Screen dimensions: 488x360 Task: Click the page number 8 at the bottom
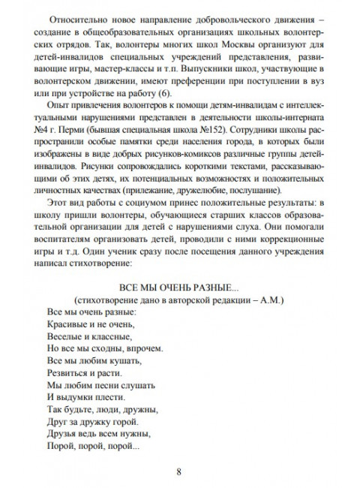click(179, 471)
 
